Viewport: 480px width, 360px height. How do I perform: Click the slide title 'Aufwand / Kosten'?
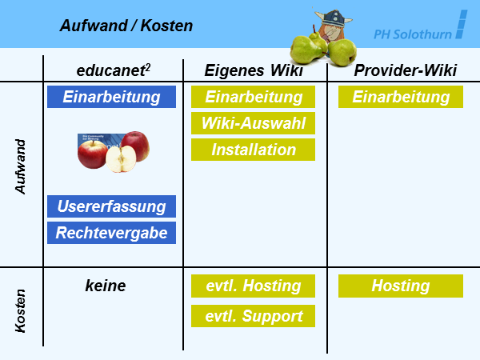pyautogui.click(x=126, y=26)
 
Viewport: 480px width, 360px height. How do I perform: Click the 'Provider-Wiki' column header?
pyautogui.click(x=406, y=70)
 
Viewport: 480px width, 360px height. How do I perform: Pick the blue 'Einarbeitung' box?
pyautogui.click(x=111, y=97)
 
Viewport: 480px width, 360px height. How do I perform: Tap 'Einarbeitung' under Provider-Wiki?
pyautogui.click(x=401, y=97)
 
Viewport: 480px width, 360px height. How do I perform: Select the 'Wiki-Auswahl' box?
pyautogui.click(x=253, y=123)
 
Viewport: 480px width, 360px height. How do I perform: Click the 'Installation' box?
pyautogui.click(x=253, y=150)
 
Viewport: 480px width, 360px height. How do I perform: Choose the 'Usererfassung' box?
pyautogui.click(x=111, y=206)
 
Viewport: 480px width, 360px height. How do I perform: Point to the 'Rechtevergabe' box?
pyautogui.click(x=111, y=232)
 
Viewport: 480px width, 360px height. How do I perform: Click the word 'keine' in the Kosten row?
pyautogui.click(x=106, y=286)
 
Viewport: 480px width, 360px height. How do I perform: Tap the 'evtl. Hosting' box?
pyautogui.click(x=253, y=286)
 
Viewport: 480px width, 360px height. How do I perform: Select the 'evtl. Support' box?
pyautogui.click(x=253, y=315)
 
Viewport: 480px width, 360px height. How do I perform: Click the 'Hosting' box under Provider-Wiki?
pyautogui.click(x=401, y=286)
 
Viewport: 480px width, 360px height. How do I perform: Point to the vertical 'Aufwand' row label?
pyautogui.click(x=22, y=166)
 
